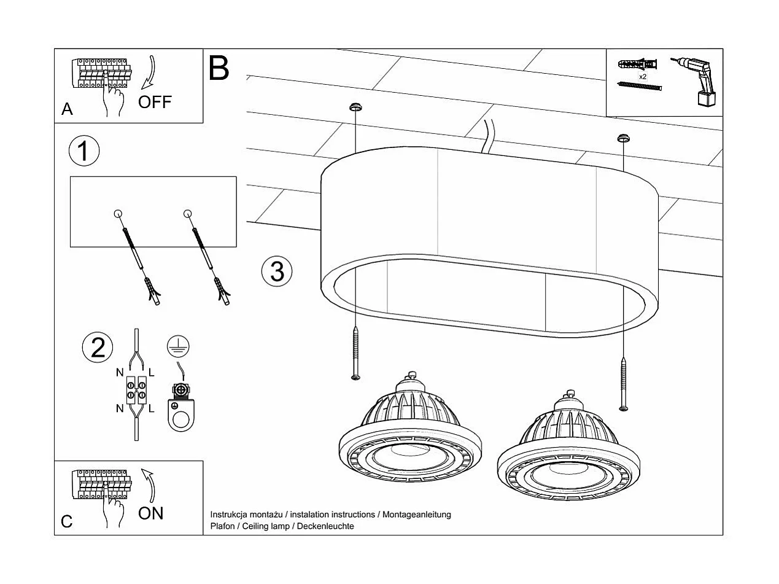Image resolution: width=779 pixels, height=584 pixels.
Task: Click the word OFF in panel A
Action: point(155,102)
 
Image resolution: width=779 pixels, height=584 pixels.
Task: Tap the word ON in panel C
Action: point(151,513)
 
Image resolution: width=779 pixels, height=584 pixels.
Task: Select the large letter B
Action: point(219,68)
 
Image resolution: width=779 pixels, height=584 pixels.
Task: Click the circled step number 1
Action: point(84,151)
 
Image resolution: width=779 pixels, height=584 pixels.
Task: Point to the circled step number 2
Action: point(98,348)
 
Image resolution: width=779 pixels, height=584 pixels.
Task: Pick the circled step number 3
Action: point(277,271)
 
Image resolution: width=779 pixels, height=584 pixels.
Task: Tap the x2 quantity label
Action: point(643,77)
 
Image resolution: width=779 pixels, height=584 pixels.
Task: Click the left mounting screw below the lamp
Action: point(355,353)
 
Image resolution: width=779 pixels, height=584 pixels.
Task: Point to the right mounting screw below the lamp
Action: point(624,384)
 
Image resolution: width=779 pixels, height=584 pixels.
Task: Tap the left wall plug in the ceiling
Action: point(355,107)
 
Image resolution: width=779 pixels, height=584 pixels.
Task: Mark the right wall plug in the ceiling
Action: point(624,137)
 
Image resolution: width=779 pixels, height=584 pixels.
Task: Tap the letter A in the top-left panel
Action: point(67,109)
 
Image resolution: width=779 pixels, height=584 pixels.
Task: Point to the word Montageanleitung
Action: point(416,515)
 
